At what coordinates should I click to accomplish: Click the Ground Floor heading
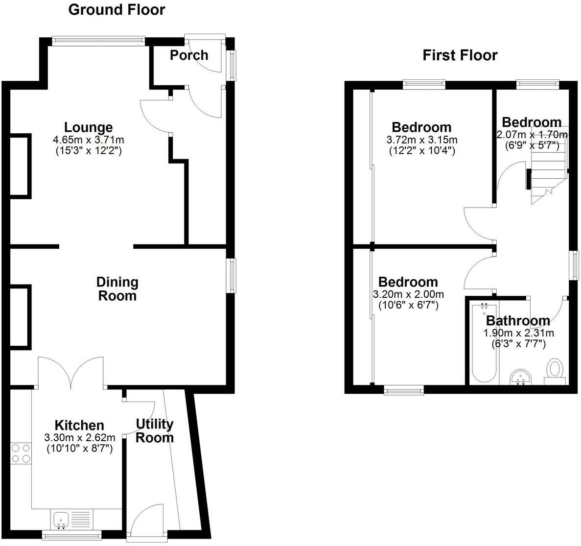tap(116, 10)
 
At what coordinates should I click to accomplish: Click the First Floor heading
tap(460, 55)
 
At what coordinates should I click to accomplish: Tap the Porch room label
tap(189, 55)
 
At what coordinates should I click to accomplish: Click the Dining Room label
tap(117, 289)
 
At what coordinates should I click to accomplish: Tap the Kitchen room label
tap(79, 425)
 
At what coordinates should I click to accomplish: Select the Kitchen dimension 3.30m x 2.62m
tap(80, 437)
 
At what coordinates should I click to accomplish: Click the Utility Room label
tap(154, 430)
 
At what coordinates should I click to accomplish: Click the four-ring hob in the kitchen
tap(21, 452)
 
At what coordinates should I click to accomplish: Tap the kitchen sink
tap(61, 520)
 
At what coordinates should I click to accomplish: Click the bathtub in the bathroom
tap(484, 343)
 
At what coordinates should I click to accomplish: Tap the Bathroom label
tap(518, 321)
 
